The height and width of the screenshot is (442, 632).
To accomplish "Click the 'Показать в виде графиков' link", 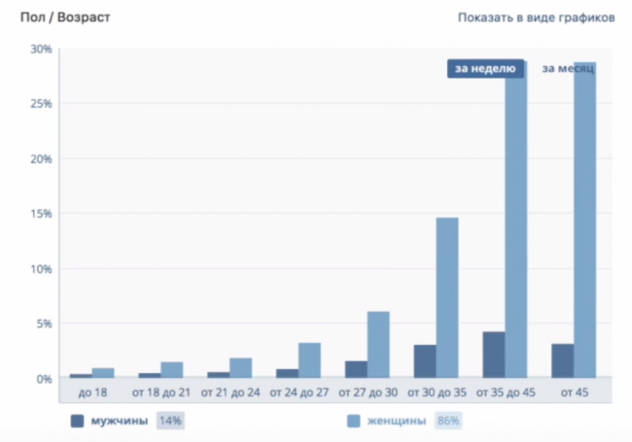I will coord(536,17).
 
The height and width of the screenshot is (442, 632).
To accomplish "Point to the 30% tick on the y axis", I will coord(41,49).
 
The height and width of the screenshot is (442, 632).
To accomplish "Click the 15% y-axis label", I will coord(41,214).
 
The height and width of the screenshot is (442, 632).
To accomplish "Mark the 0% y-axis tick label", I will coord(44,379).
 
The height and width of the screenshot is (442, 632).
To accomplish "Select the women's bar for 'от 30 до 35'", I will coord(446,297).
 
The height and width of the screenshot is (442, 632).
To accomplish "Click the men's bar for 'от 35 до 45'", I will coord(493,355).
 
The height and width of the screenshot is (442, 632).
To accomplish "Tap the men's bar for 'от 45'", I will coord(562,360).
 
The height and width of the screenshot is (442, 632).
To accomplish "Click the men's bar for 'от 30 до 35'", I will coord(424,360).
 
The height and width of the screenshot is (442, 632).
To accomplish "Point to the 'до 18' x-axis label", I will coord(91,391).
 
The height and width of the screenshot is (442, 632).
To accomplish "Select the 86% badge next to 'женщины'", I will coord(448,421).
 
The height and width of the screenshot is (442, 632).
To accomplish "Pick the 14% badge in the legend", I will coord(170,421).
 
